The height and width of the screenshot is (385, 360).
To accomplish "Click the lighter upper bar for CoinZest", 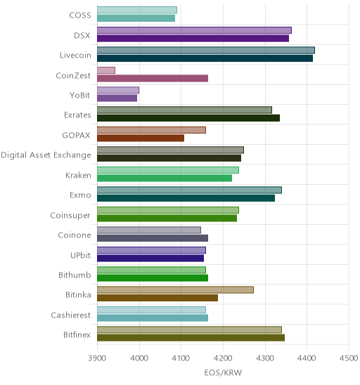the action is point(106,70).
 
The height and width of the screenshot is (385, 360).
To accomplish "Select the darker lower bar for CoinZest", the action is point(153,78).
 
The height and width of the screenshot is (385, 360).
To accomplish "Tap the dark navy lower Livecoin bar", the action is point(205,58).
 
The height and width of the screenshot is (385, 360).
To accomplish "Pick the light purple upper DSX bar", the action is point(194,30).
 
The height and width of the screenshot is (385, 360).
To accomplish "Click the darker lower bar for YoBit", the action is point(117,98).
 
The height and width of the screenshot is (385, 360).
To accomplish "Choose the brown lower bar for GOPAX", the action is point(141,138).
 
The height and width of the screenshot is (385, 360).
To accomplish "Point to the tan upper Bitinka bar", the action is point(176,289).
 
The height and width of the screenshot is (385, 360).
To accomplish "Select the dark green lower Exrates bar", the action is point(188,118).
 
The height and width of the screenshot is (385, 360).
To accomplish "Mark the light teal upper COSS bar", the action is point(137,10).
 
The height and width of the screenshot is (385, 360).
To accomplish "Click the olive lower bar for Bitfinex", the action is point(191,338).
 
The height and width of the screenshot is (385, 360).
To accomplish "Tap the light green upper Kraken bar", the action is point(168,170).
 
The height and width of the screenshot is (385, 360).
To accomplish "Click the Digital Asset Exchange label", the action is point(46,155).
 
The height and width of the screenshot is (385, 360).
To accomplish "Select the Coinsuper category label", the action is point(70,216).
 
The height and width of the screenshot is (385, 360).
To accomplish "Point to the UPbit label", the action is point(81,255).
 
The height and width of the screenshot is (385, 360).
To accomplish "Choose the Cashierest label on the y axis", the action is point(71,315).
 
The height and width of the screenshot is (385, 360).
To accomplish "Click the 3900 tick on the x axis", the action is point(97,358).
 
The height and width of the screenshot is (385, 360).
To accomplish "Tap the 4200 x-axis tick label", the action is point(223,358).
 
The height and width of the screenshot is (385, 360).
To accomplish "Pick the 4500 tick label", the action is point(349,358).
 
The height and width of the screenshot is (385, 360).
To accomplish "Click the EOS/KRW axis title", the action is point(223,373).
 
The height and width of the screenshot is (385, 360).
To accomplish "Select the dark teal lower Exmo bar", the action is point(186,198).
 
